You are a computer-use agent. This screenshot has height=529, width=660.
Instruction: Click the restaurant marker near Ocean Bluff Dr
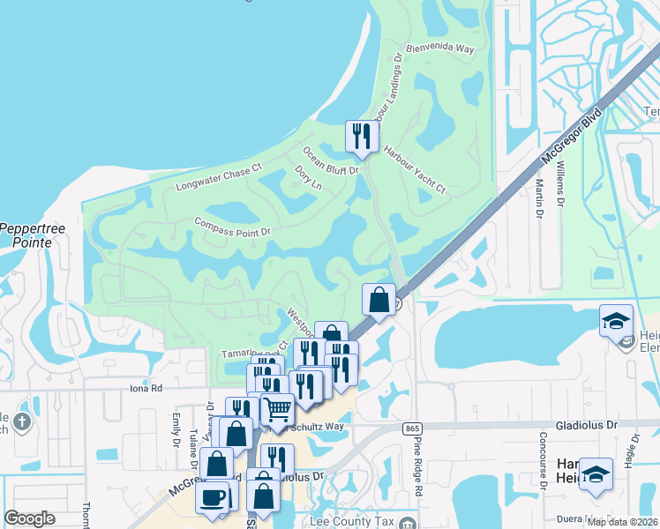360,136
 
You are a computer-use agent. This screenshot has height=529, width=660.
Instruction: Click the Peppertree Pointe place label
33,235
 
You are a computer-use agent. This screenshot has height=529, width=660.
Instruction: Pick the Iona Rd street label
146,387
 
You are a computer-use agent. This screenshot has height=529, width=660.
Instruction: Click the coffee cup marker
212,496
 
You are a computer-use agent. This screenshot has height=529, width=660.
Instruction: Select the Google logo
28,518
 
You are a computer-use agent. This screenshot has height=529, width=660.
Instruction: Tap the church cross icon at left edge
21,421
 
